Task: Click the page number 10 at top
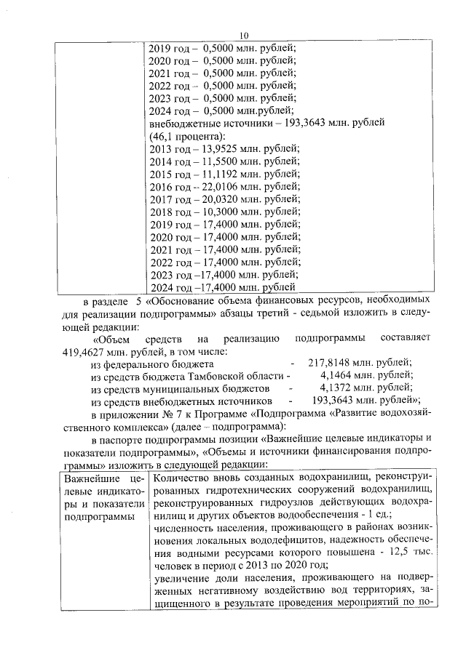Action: coord(244,35)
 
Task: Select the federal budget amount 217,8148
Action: coord(330,363)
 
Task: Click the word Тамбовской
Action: coord(213,375)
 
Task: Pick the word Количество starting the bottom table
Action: coord(182,478)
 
